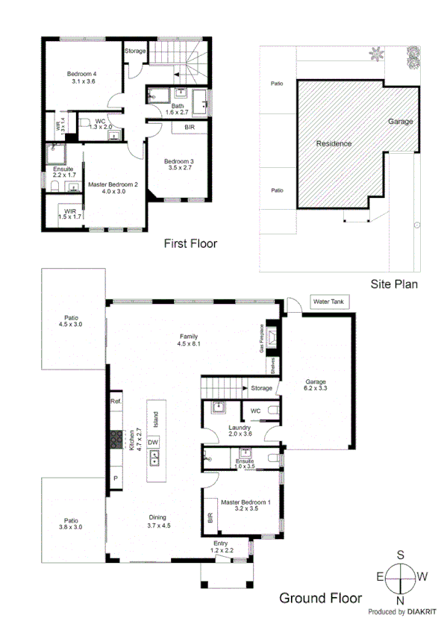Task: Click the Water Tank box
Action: click(x=326, y=302)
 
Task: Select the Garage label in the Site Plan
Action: click(x=400, y=121)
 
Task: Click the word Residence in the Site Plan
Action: click(x=333, y=143)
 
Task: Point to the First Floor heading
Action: click(x=190, y=243)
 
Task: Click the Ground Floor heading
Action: click(x=320, y=597)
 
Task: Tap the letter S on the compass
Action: click(x=401, y=554)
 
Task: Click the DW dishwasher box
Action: click(x=153, y=443)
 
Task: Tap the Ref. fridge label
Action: click(x=116, y=402)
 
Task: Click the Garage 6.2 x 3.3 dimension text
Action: click(x=316, y=389)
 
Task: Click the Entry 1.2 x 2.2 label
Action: click(x=221, y=546)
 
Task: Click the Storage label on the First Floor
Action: click(x=135, y=51)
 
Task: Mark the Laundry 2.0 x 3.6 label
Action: click(x=240, y=431)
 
